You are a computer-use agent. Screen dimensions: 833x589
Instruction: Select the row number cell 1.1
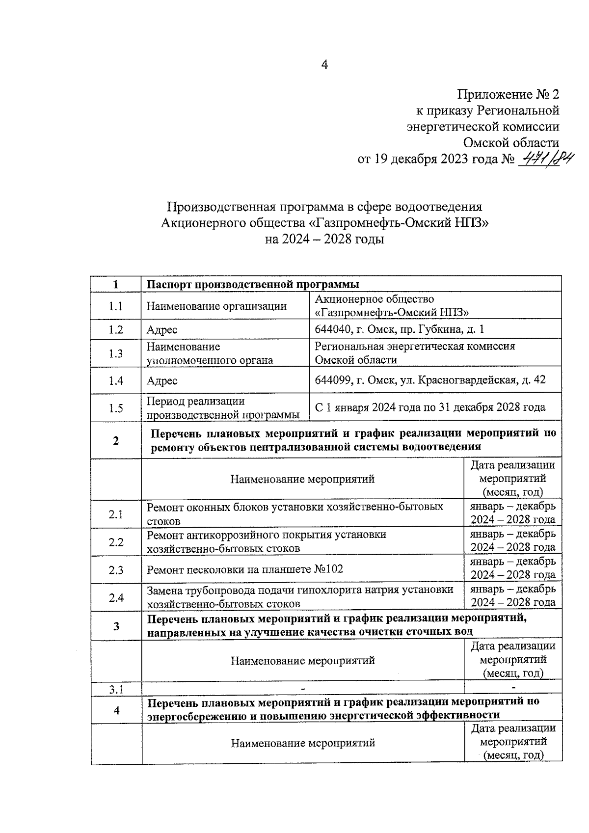[116, 306]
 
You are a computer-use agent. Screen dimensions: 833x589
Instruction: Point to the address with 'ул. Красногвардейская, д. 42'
[430, 380]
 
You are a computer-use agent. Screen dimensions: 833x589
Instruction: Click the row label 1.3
[116, 353]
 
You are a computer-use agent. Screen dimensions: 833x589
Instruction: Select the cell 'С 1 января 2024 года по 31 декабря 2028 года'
[430, 407]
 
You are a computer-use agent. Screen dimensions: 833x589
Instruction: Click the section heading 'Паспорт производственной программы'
[253, 285]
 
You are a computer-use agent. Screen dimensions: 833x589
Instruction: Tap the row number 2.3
[116, 570]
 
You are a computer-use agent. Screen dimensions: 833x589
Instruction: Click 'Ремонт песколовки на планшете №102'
[245, 569]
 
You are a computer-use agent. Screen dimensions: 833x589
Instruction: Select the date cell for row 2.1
[513, 513]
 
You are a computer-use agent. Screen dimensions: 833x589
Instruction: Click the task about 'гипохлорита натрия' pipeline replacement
[300, 596]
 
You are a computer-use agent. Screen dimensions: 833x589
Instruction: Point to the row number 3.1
[116, 690]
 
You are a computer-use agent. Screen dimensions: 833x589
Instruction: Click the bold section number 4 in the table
[116, 710]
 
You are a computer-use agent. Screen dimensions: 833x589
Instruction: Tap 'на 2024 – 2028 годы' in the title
[324, 240]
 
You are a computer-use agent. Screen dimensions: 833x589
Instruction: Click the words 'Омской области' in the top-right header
[511, 143]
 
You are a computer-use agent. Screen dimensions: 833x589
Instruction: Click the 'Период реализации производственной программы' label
[223, 408]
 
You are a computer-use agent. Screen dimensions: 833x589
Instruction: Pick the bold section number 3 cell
[116, 626]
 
